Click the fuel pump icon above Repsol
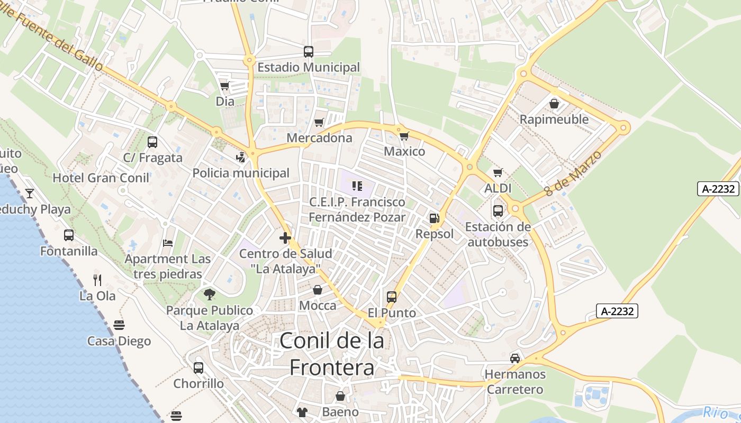434,218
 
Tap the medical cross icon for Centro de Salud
285,238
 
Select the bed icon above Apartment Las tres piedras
168,243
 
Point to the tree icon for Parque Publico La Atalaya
210,295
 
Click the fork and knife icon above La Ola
97,280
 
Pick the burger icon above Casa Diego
119,325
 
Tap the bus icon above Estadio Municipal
309,52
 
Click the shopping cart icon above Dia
224,86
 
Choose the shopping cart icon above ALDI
498,172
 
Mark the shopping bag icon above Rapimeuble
554,103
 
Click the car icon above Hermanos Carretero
515,358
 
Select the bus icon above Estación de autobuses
498,211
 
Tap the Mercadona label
319,138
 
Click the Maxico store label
404,152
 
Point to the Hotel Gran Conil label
101,178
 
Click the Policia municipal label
241,173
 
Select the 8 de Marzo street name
573,173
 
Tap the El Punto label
392,313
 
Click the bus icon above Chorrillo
198,367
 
